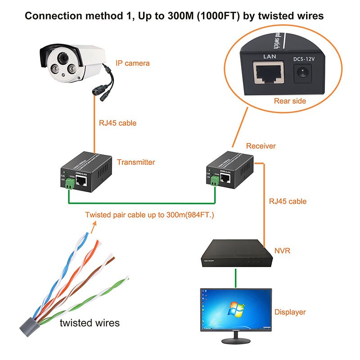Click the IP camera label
[x=132, y=63]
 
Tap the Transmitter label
[x=136, y=162]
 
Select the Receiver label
[x=261, y=146]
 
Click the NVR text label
[x=282, y=250]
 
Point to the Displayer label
[x=290, y=312]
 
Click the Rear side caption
[x=290, y=101]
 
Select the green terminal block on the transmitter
[x=70, y=183]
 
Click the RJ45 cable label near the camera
[x=117, y=123]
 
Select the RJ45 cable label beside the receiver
[x=288, y=201]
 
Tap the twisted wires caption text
[x=90, y=323]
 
